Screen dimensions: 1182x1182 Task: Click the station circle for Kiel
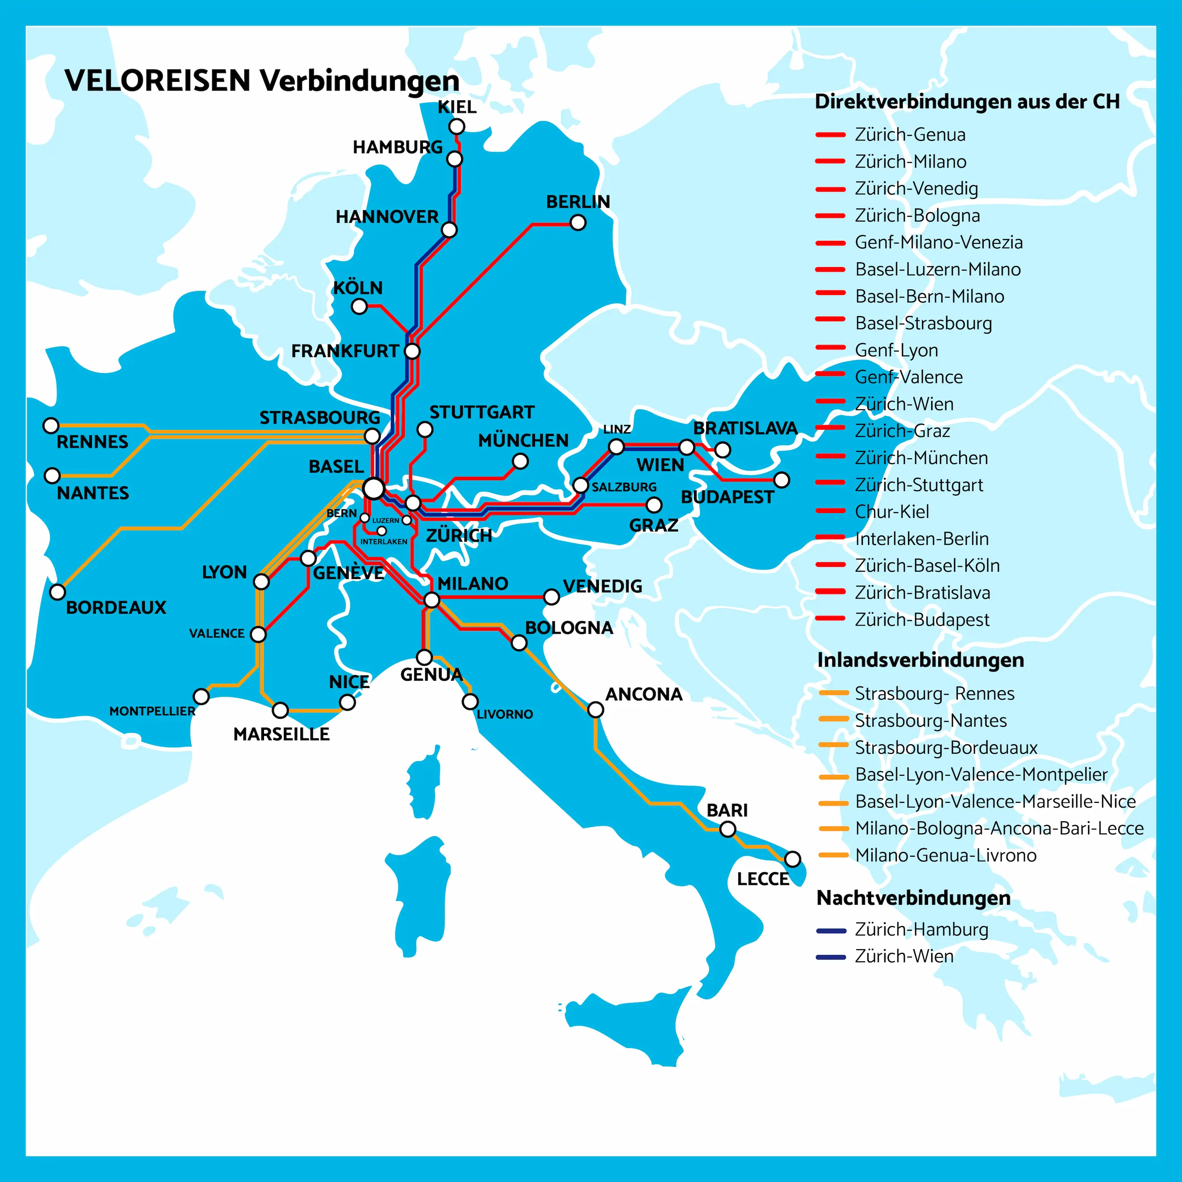(x=457, y=127)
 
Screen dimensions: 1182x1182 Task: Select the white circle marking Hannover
(x=449, y=230)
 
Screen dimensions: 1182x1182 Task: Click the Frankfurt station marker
(x=412, y=351)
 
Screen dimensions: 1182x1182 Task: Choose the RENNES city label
(x=92, y=442)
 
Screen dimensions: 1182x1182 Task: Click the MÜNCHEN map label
(x=523, y=440)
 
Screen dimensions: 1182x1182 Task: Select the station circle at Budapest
(x=781, y=480)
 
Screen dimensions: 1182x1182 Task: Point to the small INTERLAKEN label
(x=383, y=542)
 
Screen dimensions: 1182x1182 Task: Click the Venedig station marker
(x=551, y=597)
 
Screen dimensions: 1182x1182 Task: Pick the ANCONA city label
(x=644, y=694)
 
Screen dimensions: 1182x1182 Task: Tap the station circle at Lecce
(x=792, y=859)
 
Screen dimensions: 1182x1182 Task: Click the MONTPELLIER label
(x=152, y=711)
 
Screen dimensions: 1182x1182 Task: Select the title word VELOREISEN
(x=158, y=81)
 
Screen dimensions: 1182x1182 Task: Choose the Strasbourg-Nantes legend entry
(x=930, y=721)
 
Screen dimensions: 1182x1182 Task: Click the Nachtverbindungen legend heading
(x=913, y=898)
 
